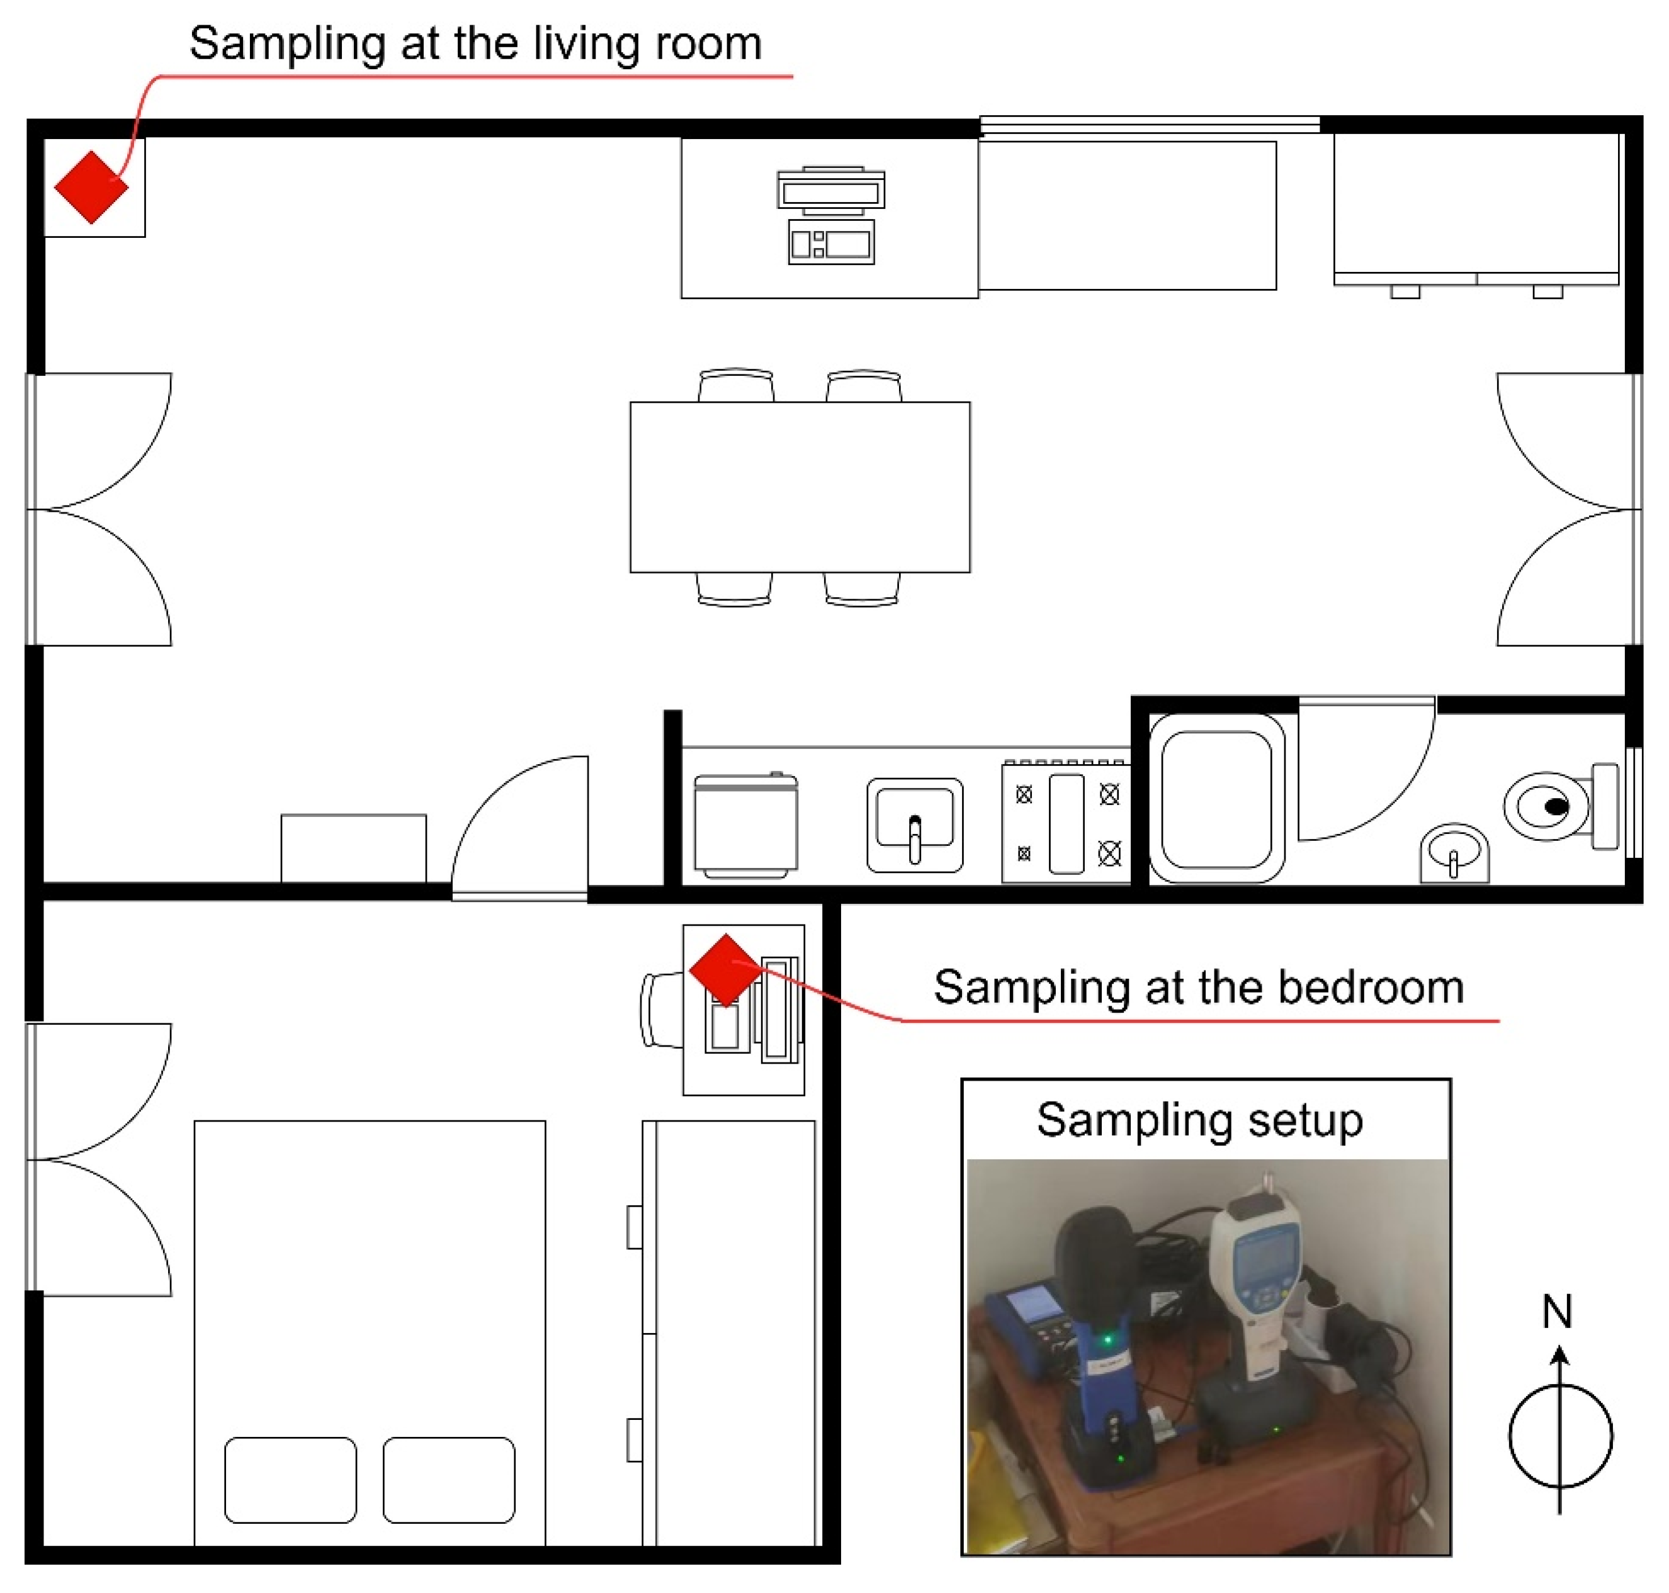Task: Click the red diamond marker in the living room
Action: pos(91,188)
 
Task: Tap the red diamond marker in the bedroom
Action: pos(725,971)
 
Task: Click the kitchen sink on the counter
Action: pos(914,825)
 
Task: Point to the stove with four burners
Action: pos(1065,821)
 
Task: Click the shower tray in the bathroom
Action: pos(1216,798)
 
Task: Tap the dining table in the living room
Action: pos(800,487)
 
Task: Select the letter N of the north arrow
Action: pos(1557,1312)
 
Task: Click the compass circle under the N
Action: pos(1510,1437)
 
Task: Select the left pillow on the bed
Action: pos(290,1480)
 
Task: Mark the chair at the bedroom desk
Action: pos(662,1010)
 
